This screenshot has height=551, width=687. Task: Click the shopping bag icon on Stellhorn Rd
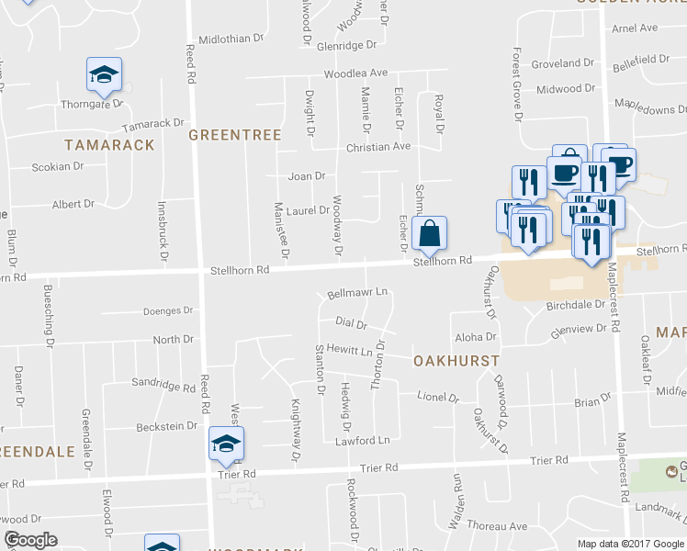(429, 235)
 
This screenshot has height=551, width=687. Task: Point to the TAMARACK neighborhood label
(99, 145)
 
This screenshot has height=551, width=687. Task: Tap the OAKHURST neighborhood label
(456, 360)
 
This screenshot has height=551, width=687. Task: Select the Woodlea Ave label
(355, 73)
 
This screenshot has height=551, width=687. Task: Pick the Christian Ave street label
(377, 147)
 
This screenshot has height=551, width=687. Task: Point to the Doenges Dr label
(168, 311)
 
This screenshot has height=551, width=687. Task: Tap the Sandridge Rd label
(164, 384)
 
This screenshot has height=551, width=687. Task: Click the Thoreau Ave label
(496, 527)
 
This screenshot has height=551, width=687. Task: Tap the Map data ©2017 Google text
(630, 543)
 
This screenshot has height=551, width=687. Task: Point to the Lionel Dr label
(437, 398)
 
